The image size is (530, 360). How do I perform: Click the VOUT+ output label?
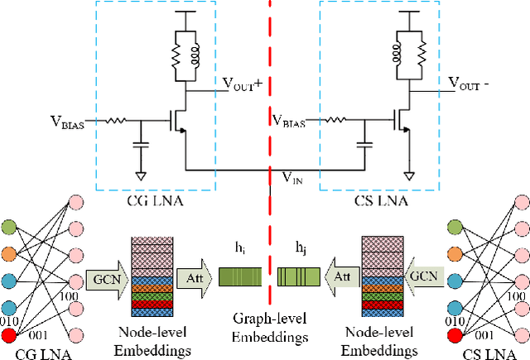point(243,84)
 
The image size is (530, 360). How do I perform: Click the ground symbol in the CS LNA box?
point(409,175)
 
